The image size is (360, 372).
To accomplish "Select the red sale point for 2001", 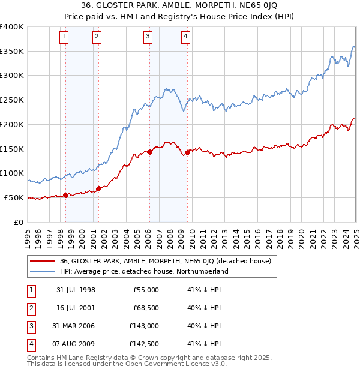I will coord(98,188).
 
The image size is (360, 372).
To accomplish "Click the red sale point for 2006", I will coord(149,152).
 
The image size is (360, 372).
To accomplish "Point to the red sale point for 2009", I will coord(187,152).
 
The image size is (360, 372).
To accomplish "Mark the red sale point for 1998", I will coord(65,195).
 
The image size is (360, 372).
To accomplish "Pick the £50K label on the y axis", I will coord(14,197).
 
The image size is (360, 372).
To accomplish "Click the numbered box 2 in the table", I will coord(30,308).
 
